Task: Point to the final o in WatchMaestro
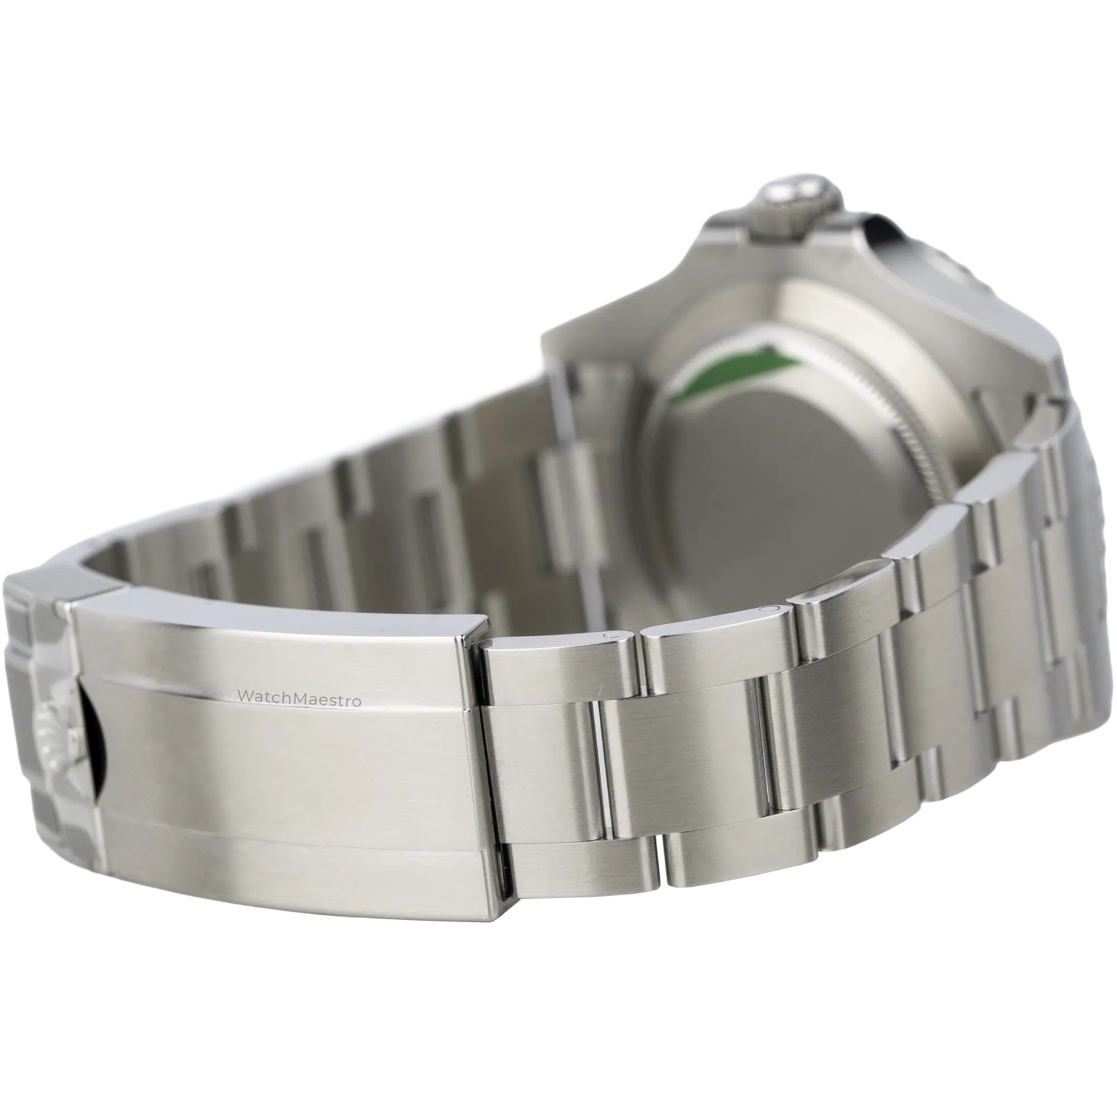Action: (x=358, y=701)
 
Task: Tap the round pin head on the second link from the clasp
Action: (x=768, y=608)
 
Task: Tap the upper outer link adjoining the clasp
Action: (x=555, y=671)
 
